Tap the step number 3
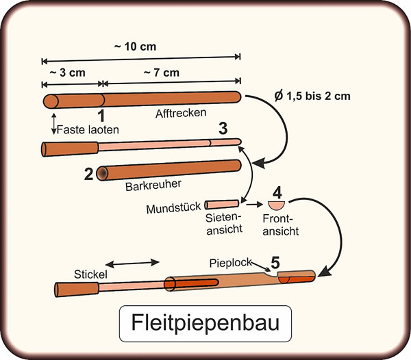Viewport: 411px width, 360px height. tap(223, 128)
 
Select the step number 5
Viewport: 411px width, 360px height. tap(275, 262)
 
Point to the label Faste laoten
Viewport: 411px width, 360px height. tap(89, 129)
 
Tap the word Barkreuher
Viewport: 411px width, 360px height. tap(149, 185)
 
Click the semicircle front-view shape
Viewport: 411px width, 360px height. tap(275, 205)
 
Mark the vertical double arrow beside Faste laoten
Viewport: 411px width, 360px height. tap(53, 125)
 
